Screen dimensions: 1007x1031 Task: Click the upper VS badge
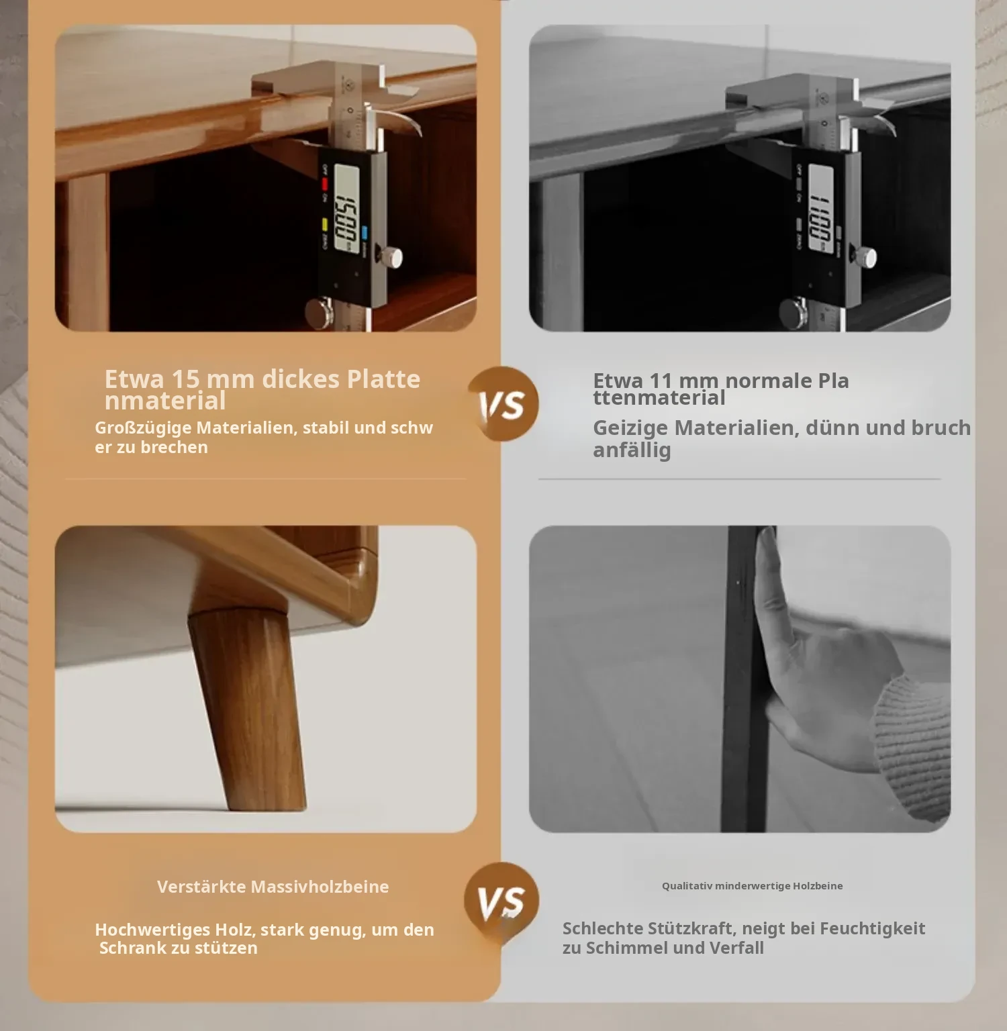tap(503, 403)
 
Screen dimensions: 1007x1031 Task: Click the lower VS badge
tap(501, 900)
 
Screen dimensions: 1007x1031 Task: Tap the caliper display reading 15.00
tap(346, 209)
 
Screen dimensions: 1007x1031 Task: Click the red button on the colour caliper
tap(324, 184)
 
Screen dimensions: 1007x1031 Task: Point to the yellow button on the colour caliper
tap(324, 224)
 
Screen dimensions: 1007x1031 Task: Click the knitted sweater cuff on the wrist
tap(913, 745)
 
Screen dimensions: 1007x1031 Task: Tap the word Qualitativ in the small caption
tap(687, 886)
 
